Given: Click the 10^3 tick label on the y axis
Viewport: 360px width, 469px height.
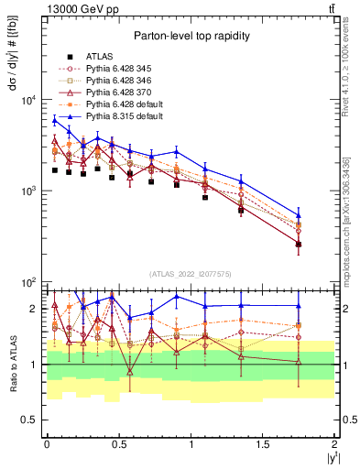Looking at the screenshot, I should [x=29, y=191].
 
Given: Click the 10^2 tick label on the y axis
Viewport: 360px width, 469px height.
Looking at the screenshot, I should [x=29, y=282].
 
